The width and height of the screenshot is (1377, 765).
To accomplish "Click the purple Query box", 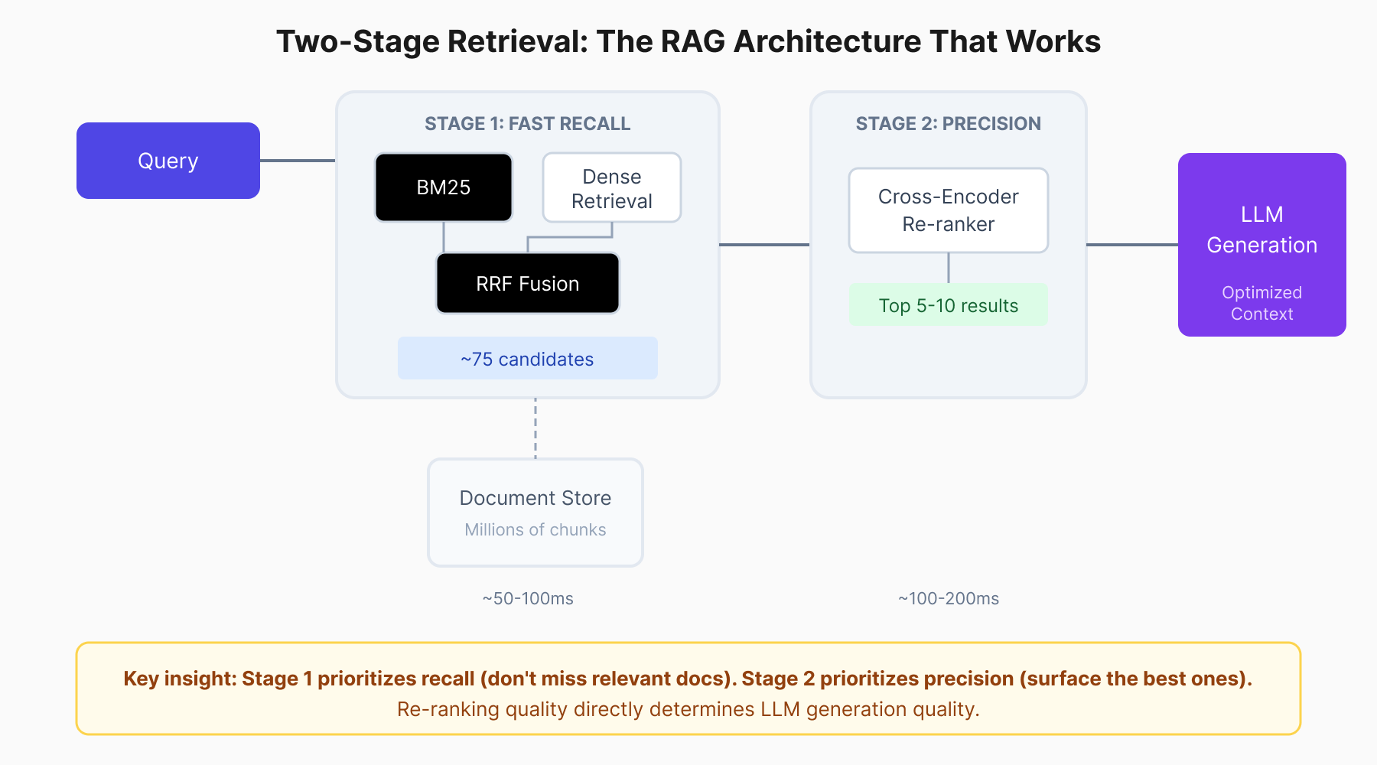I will pos(168,161).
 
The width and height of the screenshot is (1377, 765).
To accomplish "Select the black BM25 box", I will pos(444,187).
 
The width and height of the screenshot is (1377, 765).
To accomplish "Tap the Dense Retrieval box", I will pos(612,188).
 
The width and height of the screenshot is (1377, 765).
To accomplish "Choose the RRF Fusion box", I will pos(528,284).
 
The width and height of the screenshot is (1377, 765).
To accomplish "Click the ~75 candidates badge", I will pos(527,359).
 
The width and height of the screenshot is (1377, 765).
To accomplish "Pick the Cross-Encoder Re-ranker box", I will pos(949,210).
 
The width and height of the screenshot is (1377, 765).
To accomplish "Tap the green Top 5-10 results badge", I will pos(949,305).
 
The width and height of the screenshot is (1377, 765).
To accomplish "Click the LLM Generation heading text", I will pos(1262,229).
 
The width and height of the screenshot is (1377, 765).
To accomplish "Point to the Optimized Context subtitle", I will pos(1262,303).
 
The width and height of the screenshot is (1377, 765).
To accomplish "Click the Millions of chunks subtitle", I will pos(535,529).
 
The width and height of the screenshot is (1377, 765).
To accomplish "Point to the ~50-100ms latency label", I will pos(528,598).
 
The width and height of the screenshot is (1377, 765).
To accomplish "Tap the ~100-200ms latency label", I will pos(949,598).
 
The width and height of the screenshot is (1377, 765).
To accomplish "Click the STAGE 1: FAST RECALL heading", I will pos(528,124).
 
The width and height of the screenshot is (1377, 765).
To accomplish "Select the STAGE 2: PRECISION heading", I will pos(949,124).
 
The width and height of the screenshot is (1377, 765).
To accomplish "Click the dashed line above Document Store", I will pos(535,428).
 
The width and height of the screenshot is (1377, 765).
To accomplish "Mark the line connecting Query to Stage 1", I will pos(298,161).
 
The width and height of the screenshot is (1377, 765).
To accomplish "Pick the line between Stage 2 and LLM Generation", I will pos(1132,245).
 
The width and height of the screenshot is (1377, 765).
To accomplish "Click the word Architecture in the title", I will pos(827,42).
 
